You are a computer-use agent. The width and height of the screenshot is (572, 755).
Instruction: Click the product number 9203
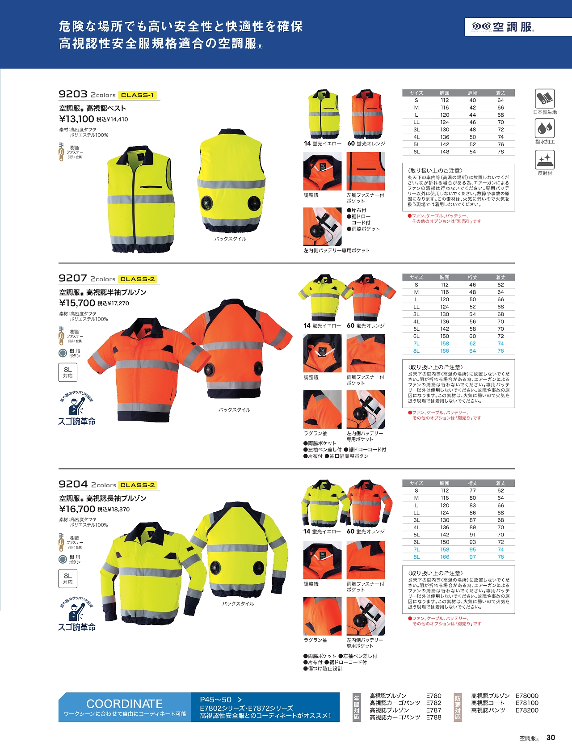pos(73,94)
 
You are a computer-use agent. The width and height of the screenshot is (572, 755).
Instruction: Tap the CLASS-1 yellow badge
pos(137,95)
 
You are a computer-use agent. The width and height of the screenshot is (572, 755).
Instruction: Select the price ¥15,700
pos(77,303)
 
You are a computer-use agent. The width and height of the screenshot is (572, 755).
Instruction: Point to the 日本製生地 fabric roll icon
pos(545,98)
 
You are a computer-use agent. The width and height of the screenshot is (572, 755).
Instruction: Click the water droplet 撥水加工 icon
pos(545,128)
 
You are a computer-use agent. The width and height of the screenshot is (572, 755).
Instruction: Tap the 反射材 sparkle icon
pos(545,160)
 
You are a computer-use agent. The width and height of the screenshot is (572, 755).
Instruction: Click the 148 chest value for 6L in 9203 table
pos(445,152)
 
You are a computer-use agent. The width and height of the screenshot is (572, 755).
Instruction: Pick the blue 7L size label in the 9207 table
pos(416,344)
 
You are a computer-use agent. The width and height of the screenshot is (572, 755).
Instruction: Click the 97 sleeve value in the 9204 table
pos(472,557)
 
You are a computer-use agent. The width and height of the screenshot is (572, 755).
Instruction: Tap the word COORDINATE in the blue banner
pos(124,704)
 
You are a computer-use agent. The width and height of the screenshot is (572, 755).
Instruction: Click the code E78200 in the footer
pos(527,710)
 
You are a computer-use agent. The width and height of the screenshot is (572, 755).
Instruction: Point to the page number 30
pos(551,738)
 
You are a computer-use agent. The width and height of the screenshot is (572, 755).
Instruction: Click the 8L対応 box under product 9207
pos(68,372)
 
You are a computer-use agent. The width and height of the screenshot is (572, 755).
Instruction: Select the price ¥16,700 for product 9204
pos(77,509)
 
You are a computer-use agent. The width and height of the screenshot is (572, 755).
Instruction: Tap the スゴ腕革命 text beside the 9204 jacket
pos(77,627)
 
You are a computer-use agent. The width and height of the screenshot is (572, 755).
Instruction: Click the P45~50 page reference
pos(216,700)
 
